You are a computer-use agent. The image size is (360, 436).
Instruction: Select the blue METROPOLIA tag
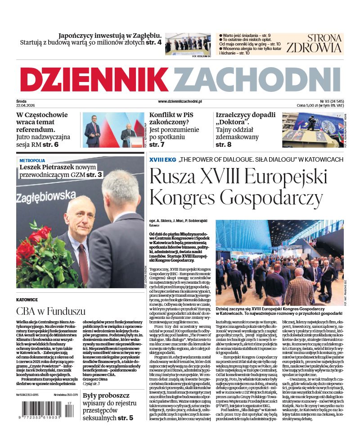tap(32, 160)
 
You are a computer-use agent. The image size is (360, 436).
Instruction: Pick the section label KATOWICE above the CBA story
tap(27, 299)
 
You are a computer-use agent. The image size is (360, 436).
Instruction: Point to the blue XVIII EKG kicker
tap(162, 159)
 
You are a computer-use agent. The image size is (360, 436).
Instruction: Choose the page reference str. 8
tap(224, 145)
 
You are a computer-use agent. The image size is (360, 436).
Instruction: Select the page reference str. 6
tap(63, 145)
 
